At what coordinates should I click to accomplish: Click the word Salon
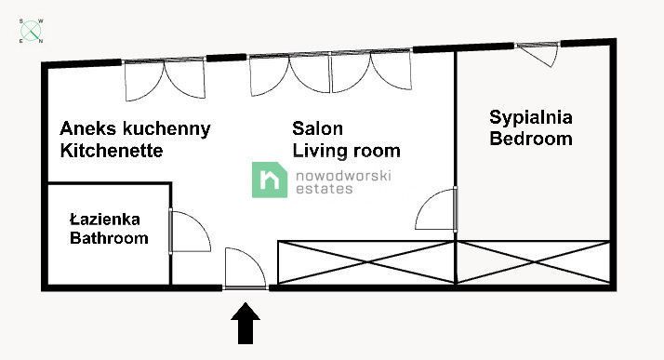[x=318, y=128]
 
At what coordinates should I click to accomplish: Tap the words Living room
[x=346, y=151]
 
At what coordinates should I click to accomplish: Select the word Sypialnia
[x=532, y=118]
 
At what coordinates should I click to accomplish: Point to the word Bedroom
[x=531, y=140]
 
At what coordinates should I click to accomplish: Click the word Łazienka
[x=105, y=220]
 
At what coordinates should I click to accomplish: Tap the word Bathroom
[x=110, y=239]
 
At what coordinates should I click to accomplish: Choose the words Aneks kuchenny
[x=135, y=128]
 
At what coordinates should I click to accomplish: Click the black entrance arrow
[x=246, y=324]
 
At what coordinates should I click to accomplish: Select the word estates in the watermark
[x=324, y=189]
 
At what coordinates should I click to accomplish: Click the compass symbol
[x=33, y=31]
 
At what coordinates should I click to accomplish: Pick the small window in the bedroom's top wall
[x=538, y=54]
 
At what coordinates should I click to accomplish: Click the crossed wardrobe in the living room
[x=366, y=262]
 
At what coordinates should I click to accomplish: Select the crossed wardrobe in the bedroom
[x=533, y=262]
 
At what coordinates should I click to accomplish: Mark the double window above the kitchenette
[x=165, y=80]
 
